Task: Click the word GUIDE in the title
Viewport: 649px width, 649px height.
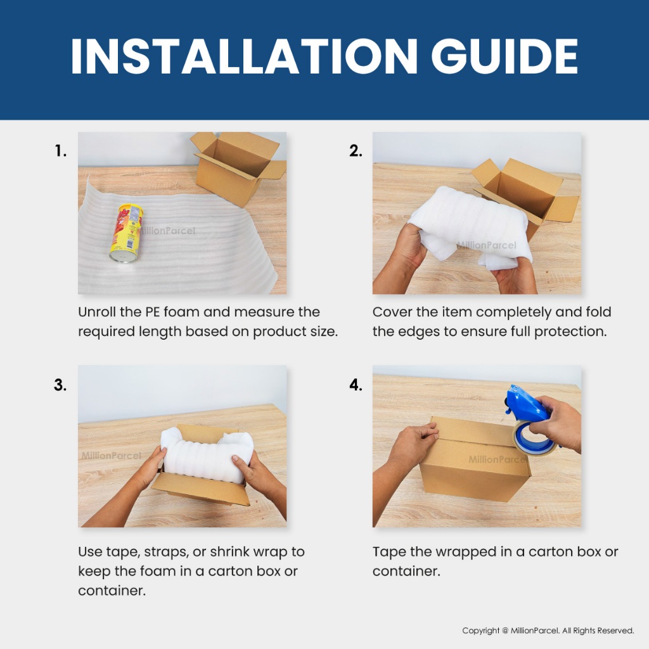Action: coord(504,56)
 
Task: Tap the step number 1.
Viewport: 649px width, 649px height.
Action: coord(60,151)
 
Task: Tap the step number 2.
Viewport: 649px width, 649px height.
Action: coord(356,151)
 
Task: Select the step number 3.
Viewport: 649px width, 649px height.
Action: coord(60,385)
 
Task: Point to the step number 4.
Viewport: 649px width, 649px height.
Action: coord(356,385)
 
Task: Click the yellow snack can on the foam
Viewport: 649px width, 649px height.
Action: coord(126,233)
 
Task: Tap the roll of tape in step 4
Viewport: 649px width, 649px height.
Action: coord(534,439)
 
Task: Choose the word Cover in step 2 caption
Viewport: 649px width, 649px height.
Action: coord(392,312)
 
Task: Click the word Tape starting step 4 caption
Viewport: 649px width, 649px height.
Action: coord(389,553)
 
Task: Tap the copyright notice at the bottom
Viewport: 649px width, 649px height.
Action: coord(548,631)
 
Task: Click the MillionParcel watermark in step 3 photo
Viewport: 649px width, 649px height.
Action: coord(111,456)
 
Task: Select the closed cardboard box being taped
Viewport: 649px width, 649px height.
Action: coord(475,459)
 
